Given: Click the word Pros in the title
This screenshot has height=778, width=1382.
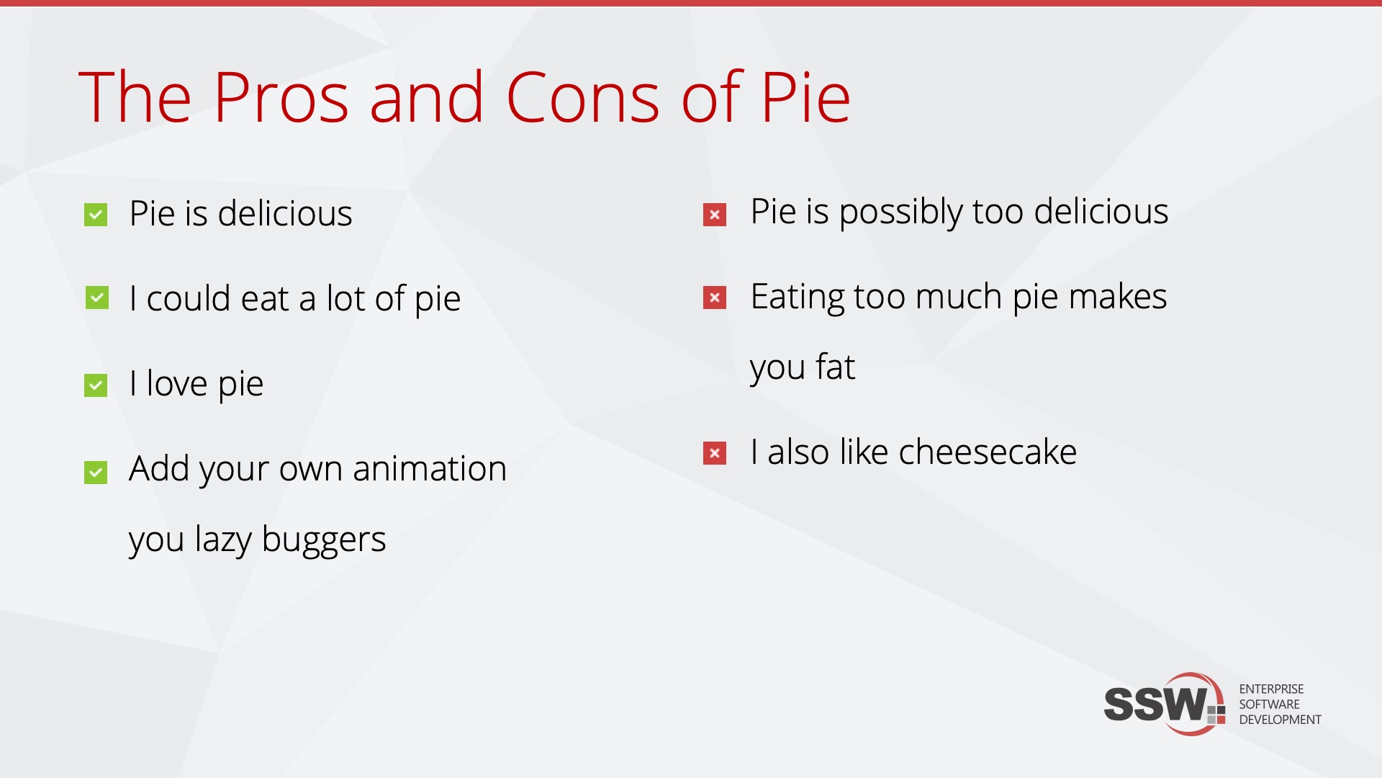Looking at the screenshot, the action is click(281, 97).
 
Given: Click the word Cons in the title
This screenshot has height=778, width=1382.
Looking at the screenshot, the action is click(583, 97).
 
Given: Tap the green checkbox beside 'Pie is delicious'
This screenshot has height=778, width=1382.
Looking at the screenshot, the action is click(96, 215).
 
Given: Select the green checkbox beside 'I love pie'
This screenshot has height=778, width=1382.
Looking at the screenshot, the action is click(96, 385).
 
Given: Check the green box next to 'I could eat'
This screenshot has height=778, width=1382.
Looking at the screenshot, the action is click(97, 298).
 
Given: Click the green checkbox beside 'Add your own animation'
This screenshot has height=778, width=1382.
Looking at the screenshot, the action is click(96, 473).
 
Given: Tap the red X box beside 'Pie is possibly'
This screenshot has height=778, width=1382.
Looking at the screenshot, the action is click(715, 215).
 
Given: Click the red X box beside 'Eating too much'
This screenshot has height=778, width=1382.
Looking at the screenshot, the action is click(715, 298).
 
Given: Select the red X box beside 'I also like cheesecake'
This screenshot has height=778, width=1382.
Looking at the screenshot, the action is click(715, 453).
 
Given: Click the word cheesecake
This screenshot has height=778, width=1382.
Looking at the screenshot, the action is click(988, 452).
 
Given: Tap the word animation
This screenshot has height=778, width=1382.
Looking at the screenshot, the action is click(430, 469).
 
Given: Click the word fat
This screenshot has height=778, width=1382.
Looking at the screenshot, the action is click(835, 367).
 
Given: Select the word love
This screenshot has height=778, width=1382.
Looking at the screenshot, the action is click(177, 383).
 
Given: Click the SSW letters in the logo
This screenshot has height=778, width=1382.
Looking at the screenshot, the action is click(1156, 704).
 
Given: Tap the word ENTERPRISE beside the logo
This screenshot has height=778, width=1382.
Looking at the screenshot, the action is click(1271, 689).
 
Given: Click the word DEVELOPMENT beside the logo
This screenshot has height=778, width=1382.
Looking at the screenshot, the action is click(1280, 720).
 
